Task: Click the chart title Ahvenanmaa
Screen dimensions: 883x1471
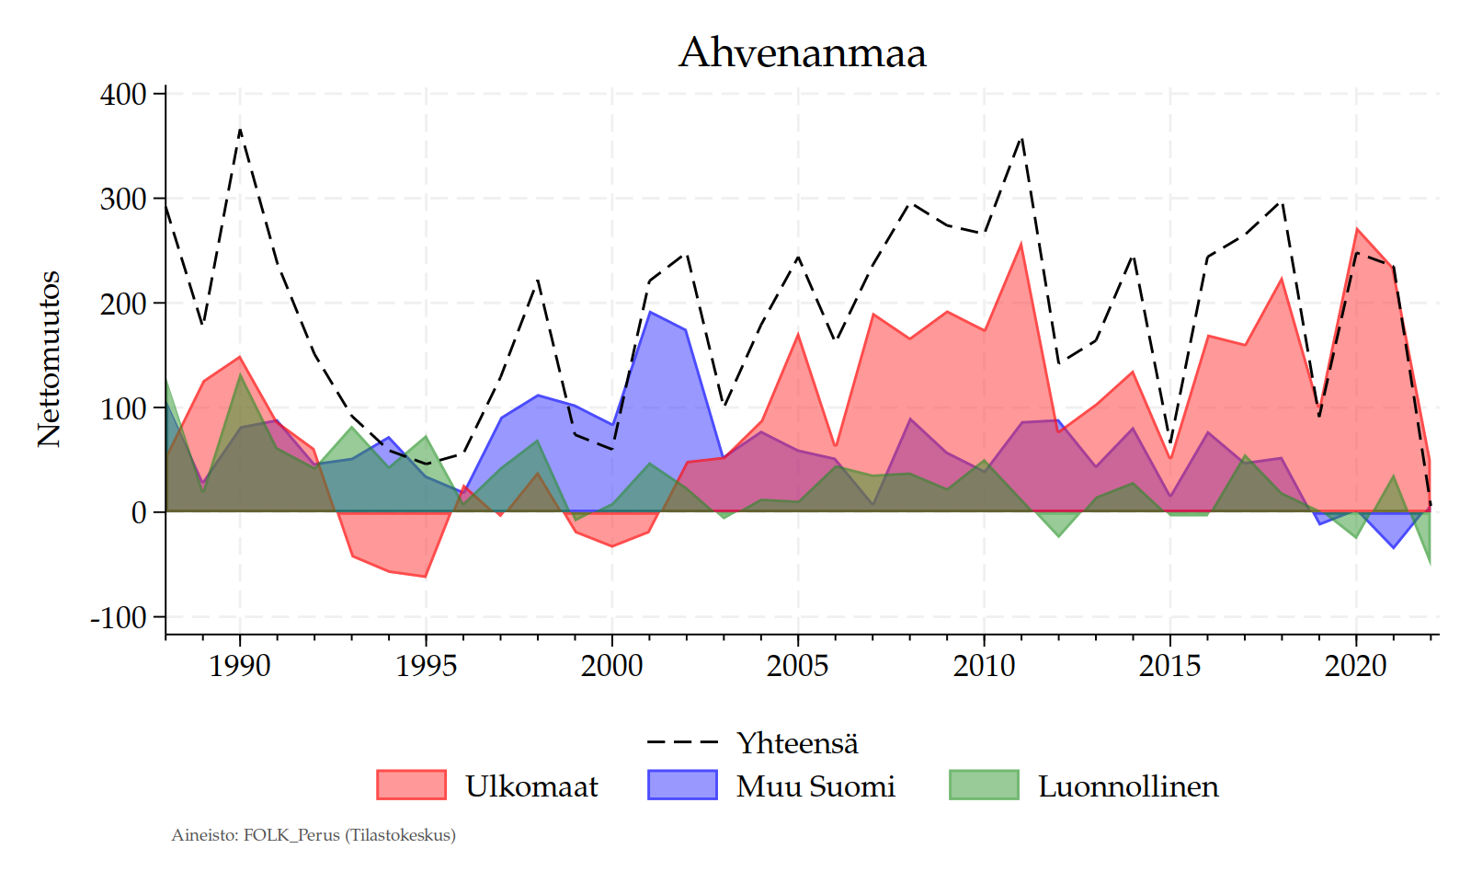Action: (802, 52)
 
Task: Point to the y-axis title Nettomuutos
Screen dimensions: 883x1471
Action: (49, 359)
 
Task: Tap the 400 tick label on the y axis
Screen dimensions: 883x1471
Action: (123, 94)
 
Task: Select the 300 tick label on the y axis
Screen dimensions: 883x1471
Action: (123, 199)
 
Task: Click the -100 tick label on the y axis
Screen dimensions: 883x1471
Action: (119, 617)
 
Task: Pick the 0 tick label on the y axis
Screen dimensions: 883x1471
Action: (139, 512)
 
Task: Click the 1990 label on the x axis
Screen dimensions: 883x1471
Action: (240, 665)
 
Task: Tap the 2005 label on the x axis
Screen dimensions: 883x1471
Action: (797, 665)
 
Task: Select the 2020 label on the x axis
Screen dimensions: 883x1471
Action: (1355, 665)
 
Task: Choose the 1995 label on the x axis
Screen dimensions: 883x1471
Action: (426, 665)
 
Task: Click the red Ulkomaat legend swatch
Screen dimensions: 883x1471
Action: (411, 785)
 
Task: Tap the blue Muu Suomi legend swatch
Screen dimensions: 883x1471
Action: (682, 785)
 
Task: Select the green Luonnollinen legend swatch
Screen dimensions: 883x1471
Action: (984, 785)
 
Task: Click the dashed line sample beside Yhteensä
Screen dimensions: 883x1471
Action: (682, 741)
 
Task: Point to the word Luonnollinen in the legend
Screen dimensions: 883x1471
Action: (1128, 786)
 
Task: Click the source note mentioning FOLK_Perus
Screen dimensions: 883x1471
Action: (314, 835)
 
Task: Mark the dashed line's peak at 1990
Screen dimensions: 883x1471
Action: (240, 130)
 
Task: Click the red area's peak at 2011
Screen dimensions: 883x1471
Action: (1021, 243)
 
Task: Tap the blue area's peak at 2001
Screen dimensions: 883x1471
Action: (649, 312)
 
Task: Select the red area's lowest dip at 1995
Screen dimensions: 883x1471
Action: (426, 577)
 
